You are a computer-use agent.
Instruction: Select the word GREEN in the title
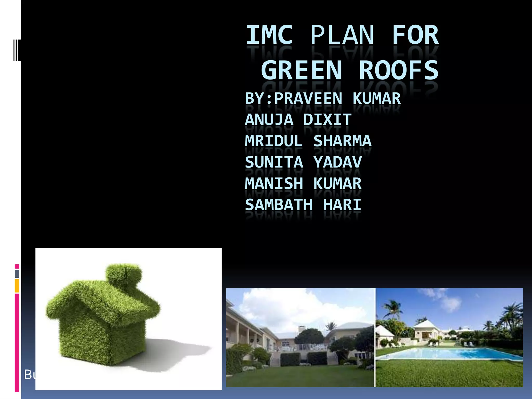tap(301, 70)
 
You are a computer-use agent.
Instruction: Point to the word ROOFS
tap(399, 70)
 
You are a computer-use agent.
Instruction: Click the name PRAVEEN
tap(308, 99)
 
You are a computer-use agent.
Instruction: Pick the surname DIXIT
tap(327, 120)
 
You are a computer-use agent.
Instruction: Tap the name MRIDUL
tap(274, 141)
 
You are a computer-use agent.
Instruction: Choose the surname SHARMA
tap(342, 141)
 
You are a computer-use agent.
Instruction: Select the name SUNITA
tap(274, 162)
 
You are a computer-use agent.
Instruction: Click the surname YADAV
tap(337, 162)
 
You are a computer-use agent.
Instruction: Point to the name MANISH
tap(274, 184)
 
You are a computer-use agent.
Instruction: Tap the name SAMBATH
tap(279, 205)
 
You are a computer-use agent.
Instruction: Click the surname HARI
tap(342, 205)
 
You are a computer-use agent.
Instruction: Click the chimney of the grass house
tap(124, 274)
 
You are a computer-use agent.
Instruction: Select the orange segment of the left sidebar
tap(17, 286)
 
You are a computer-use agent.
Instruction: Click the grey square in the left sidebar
tap(17, 274)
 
